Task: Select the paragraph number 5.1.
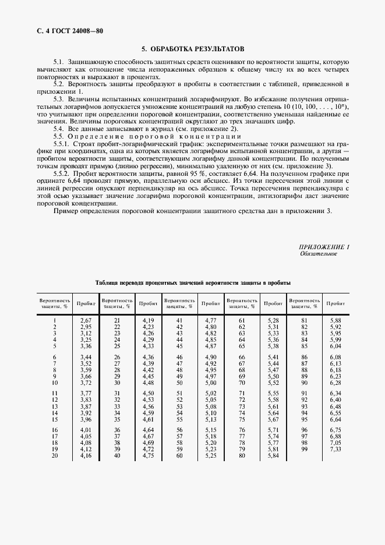coord(58,62)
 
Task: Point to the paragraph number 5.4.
coord(58,128)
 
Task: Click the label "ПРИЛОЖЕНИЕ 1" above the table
coord(324,247)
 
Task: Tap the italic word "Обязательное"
coord(319,254)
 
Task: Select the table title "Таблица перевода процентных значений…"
coord(193,282)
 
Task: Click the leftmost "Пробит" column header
coord(85,303)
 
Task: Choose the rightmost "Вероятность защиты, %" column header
coord(305,303)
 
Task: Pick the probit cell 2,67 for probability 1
coord(85,321)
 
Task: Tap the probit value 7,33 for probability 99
coord(335,450)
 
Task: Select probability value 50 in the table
coord(179,382)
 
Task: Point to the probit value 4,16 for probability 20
coord(85,456)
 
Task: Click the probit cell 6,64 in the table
coord(335,419)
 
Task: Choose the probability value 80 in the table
coord(242,456)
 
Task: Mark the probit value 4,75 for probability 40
coord(148,456)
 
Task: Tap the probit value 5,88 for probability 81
coord(335,321)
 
